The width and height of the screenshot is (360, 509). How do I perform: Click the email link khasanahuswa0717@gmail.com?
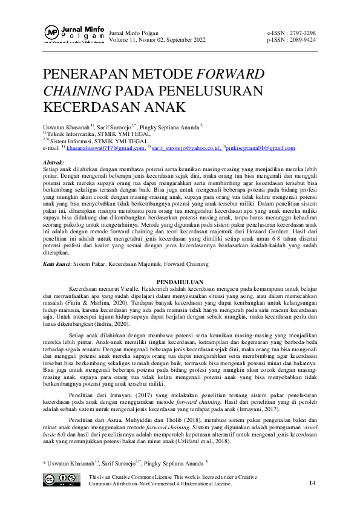tap(106, 148)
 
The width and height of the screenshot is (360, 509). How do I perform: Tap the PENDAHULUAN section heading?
tap(180, 282)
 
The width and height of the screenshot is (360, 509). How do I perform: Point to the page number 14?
tap(312, 483)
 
